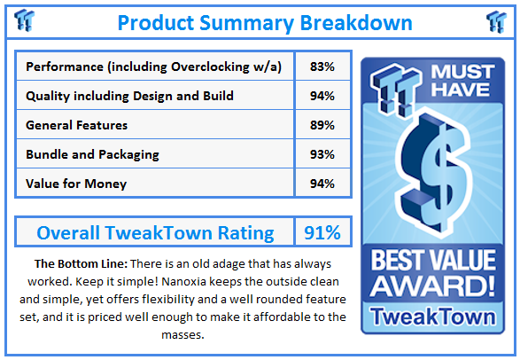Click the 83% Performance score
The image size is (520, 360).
click(x=322, y=67)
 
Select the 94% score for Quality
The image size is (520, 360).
click(x=322, y=96)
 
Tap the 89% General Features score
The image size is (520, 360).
click(x=322, y=125)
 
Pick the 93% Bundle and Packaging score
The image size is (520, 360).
click(x=322, y=154)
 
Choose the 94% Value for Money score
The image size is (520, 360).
click(x=322, y=184)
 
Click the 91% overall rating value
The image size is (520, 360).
click(x=322, y=233)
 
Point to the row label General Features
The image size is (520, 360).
click(x=77, y=125)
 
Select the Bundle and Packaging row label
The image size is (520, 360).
click(x=93, y=154)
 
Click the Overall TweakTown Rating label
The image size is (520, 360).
click(x=155, y=233)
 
